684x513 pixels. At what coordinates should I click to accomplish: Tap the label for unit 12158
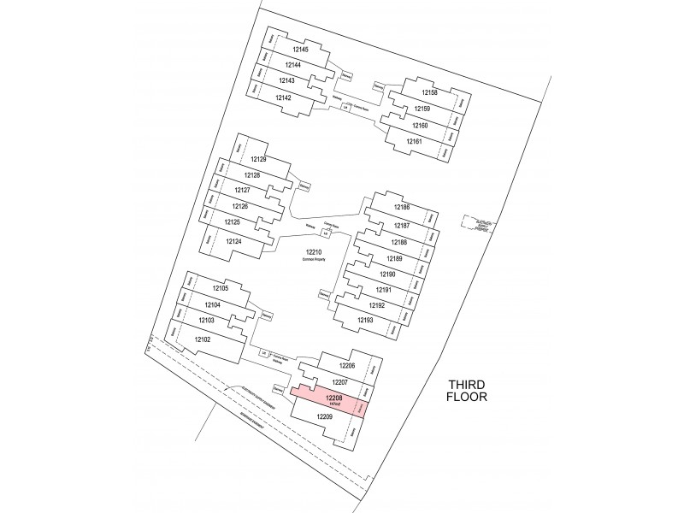(x=429, y=92)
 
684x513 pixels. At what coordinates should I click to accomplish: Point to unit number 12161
(x=415, y=140)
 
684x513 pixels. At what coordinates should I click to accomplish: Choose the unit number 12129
(x=258, y=159)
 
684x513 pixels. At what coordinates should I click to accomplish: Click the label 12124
(x=235, y=242)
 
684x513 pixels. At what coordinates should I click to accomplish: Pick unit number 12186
(x=402, y=208)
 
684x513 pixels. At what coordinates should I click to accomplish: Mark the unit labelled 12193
(x=365, y=321)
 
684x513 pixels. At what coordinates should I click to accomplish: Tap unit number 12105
(x=218, y=289)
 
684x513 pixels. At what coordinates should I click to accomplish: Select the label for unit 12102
(x=203, y=339)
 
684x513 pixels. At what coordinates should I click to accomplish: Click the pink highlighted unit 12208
(x=334, y=398)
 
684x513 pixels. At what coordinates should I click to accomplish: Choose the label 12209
(x=324, y=416)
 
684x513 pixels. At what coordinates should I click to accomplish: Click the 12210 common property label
(x=313, y=252)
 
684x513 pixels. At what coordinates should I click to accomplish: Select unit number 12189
(x=394, y=258)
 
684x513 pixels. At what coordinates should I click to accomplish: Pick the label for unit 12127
(x=242, y=190)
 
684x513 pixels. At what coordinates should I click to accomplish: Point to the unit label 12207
(x=339, y=381)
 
